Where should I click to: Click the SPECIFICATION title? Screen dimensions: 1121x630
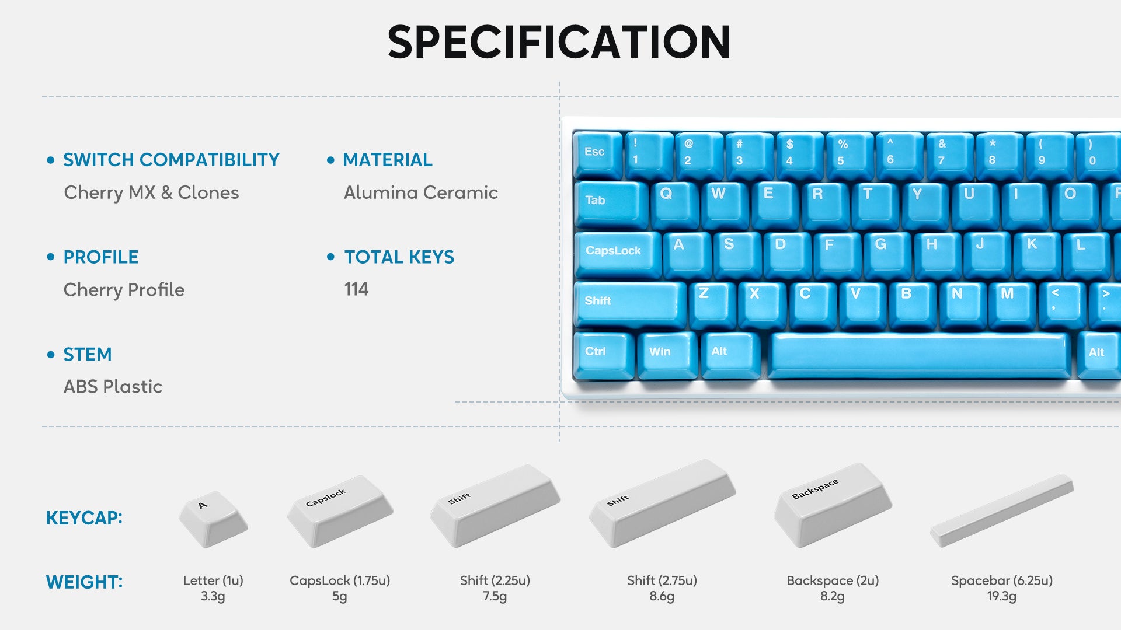(x=559, y=42)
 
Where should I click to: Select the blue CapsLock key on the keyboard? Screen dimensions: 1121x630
(x=618, y=253)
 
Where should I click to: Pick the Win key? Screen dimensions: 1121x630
(x=667, y=355)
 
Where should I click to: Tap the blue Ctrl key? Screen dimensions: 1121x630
(x=604, y=355)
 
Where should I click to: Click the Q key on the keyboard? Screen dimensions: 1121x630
(x=674, y=204)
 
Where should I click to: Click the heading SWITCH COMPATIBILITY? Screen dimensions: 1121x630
(x=171, y=160)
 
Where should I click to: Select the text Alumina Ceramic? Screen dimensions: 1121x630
(x=420, y=192)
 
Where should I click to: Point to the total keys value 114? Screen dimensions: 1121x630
(x=356, y=289)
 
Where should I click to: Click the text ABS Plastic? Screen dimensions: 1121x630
(x=113, y=386)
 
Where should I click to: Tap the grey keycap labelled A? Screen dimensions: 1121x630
(x=213, y=519)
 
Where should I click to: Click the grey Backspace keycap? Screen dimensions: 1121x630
(x=832, y=505)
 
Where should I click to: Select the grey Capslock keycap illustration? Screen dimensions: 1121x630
(x=340, y=512)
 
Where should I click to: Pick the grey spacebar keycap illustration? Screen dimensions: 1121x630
(x=1002, y=511)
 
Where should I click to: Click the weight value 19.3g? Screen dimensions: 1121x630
(x=1001, y=596)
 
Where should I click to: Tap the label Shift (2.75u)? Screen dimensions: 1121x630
(x=662, y=580)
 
